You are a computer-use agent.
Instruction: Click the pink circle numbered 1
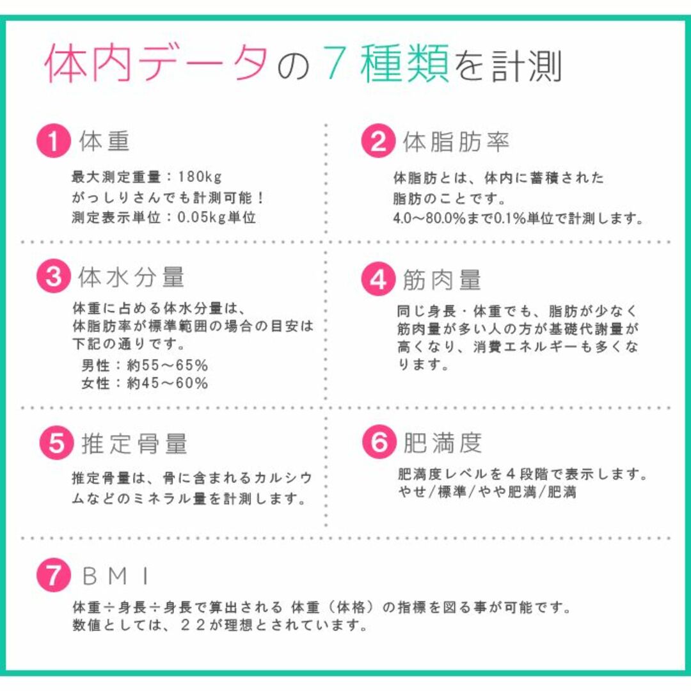(x=54, y=141)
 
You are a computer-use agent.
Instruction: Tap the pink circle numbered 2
(x=378, y=141)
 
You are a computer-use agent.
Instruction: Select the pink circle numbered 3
(x=54, y=276)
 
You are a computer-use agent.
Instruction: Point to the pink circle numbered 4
(x=378, y=279)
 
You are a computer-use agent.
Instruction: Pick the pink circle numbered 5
(x=56, y=443)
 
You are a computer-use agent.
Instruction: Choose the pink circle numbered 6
(x=379, y=441)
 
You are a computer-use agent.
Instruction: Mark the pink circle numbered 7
(x=54, y=575)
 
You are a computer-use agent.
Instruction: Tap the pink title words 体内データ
(x=157, y=63)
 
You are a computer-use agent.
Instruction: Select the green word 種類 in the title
(x=404, y=63)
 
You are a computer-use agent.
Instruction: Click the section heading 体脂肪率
(x=456, y=141)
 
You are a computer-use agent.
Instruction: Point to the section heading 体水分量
(x=131, y=277)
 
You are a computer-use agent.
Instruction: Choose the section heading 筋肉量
(x=441, y=280)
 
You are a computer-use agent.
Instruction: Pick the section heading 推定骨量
(x=134, y=443)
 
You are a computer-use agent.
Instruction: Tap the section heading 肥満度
(x=443, y=443)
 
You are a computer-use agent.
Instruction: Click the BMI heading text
(x=115, y=576)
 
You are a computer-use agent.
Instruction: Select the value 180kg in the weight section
(x=200, y=177)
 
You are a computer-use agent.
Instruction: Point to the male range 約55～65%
(x=168, y=365)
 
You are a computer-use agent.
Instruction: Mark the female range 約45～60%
(x=168, y=383)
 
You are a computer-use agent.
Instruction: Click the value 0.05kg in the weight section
(x=202, y=218)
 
